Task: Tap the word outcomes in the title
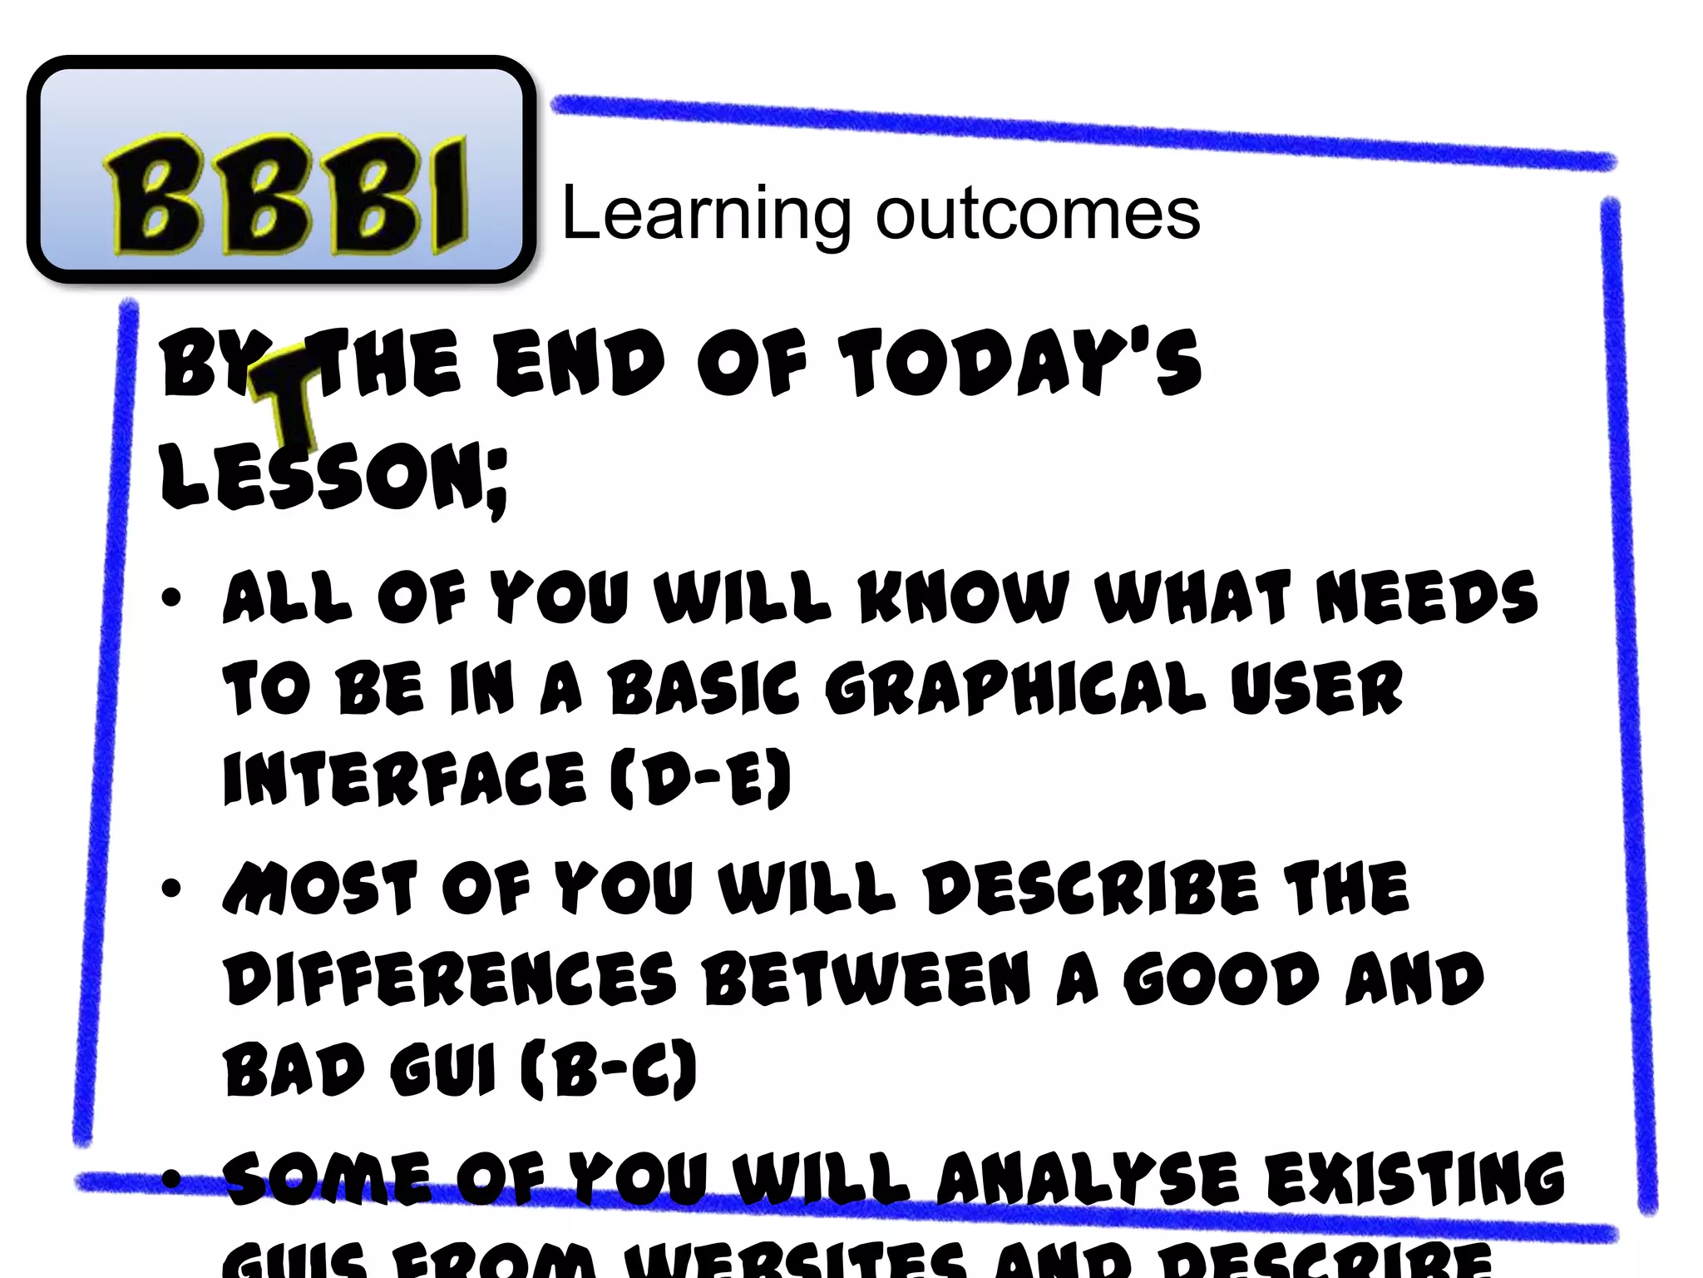point(1038,214)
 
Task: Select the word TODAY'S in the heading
point(1019,364)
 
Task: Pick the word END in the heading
point(579,364)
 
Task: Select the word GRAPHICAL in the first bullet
point(1014,690)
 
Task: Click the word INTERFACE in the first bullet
point(404,778)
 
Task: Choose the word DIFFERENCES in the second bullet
point(450,979)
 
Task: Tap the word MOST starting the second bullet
point(320,889)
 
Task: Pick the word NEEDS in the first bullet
point(1427,597)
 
